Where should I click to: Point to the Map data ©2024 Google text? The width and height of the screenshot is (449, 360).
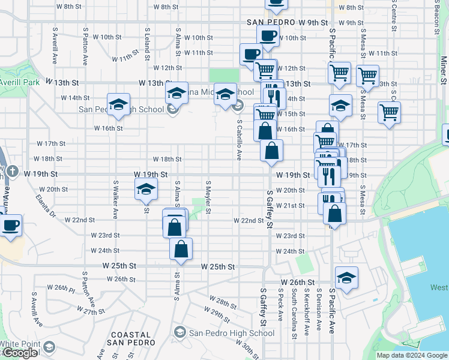(412, 355)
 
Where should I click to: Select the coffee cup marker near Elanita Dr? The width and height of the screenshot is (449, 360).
(10, 226)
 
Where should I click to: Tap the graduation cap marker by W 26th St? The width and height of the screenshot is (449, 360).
(346, 278)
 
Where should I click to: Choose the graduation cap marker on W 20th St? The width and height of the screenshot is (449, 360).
(146, 190)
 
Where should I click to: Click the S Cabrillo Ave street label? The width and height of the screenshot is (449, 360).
(239, 139)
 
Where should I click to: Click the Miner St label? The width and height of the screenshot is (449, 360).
(444, 70)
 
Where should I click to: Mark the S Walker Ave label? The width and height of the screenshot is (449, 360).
(114, 198)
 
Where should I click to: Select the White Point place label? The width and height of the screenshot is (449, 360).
(20, 344)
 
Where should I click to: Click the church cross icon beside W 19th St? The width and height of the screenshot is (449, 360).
(11, 171)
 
